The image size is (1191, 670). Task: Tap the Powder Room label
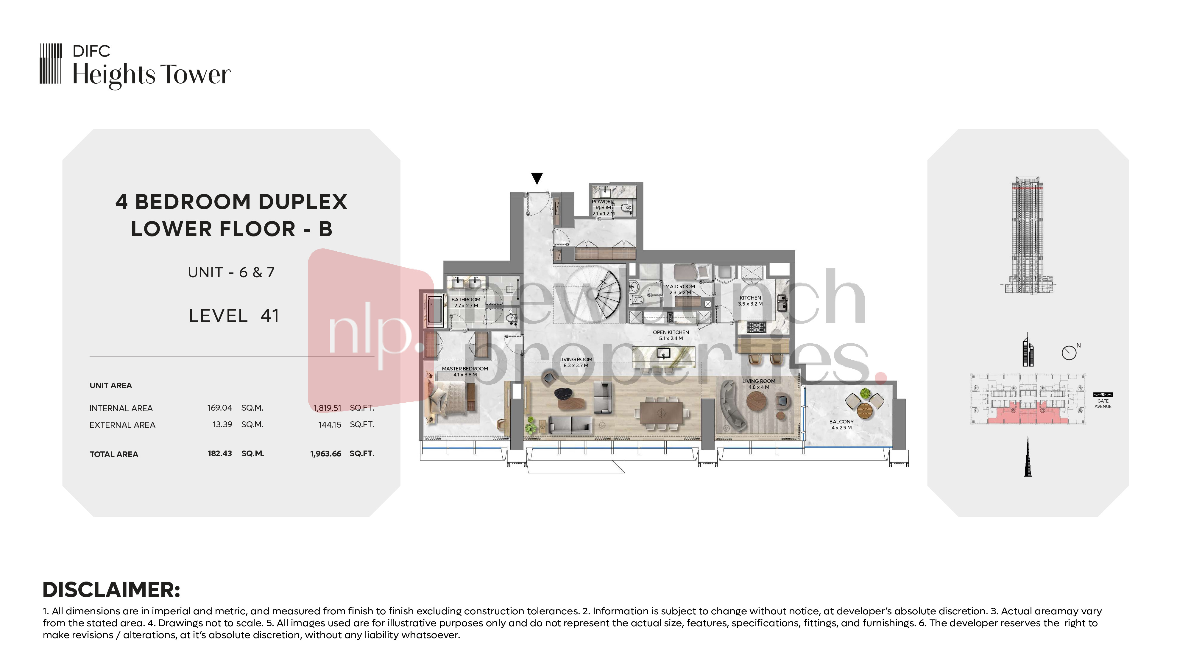coord(603,208)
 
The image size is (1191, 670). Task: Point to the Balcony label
coord(841,424)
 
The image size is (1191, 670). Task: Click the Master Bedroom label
coord(465,372)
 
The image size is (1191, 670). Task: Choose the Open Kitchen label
coord(671,335)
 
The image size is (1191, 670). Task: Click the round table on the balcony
coord(865,409)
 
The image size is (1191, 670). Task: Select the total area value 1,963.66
coord(325,454)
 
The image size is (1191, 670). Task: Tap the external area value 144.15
coord(330,424)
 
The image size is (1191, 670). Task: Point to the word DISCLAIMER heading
coord(111,590)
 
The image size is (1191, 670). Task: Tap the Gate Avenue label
coord(1103,404)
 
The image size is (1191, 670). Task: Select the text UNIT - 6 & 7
coord(231,272)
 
